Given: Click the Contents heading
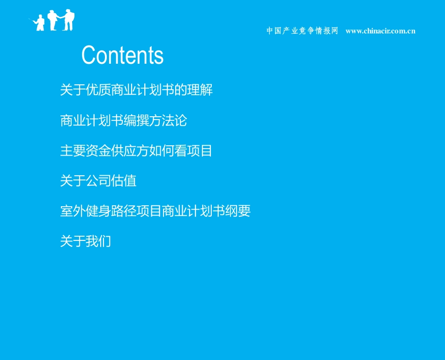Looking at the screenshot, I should [122, 55].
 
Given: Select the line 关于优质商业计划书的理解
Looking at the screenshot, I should [136, 90].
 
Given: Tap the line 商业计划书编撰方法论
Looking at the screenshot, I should [124, 120].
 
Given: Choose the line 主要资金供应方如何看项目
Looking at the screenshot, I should [136, 151].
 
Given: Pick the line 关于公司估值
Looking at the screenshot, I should [98, 181].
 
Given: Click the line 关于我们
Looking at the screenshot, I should [86, 241].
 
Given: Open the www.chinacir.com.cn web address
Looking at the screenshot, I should [380, 31].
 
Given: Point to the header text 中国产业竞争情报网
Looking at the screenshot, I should [302, 31].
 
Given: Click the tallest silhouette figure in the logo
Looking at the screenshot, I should [69, 20].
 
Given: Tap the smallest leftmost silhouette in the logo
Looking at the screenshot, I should [40, 23].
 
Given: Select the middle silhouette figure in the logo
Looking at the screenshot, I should [53, 21].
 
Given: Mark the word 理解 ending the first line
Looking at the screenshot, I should [200, 90].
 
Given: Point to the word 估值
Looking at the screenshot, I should [124, 181].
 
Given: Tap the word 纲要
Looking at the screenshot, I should [238, 211].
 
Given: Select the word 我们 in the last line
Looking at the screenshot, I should [98, 241].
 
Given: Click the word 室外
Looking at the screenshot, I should [73, 211].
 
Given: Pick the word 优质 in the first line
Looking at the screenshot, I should [98, 90].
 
